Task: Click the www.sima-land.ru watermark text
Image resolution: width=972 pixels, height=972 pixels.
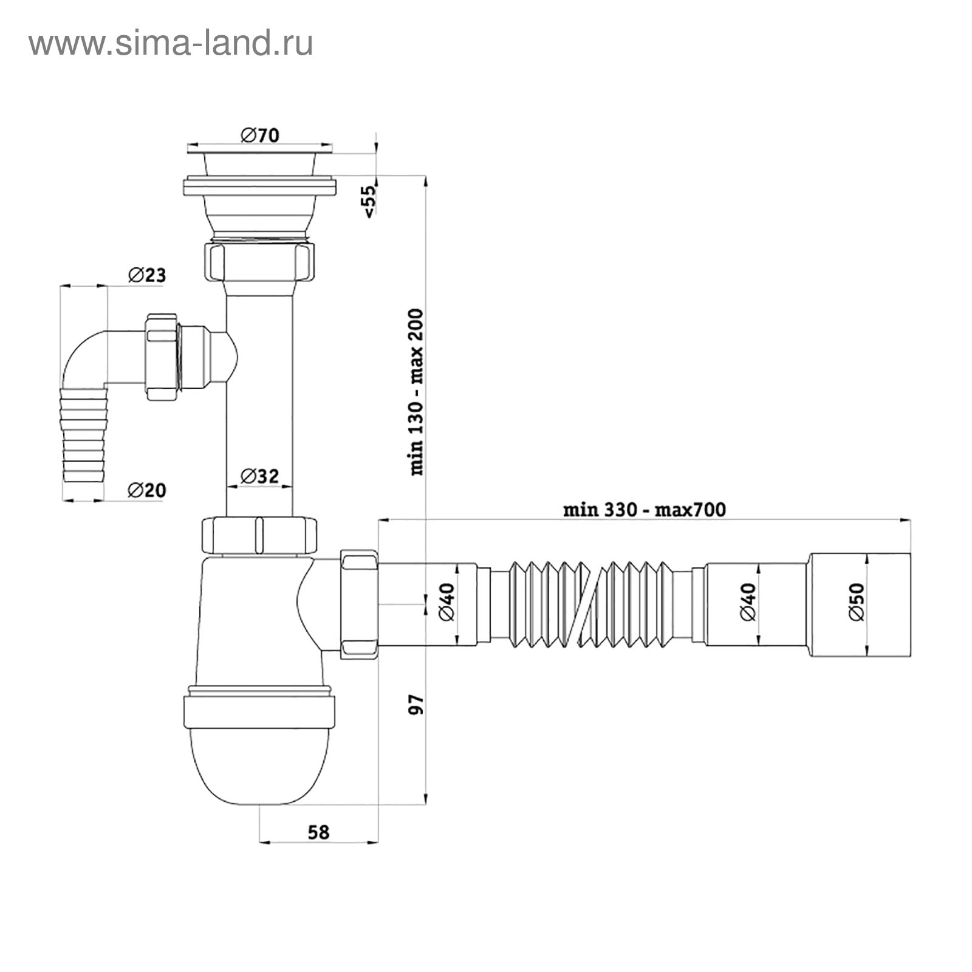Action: (x=171, y=44)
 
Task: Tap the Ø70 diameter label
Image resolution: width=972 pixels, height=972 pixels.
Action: (x=259, y=135)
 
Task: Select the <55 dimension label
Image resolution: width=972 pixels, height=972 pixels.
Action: (x=369, y=200)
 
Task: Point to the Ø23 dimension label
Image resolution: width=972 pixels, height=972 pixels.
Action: (x=147, y=275)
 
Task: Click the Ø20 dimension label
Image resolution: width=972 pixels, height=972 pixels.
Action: (x=146, y=490)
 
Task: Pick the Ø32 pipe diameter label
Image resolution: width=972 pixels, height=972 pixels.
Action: (x=259, y=476)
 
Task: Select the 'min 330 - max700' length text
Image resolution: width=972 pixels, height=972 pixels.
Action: (x=644, y=509)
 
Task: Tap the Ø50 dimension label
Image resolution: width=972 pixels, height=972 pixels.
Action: (x=856, y=601)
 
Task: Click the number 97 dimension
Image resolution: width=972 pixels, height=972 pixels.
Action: (x=417, y=704)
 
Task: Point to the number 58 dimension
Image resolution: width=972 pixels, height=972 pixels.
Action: (x=318, y=832)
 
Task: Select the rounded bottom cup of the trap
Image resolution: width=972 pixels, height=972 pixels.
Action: (x=259, y=766)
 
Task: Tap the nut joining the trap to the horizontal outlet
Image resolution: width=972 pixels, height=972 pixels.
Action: (x=359, y=603)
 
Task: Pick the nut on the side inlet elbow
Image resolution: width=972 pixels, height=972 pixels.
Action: (x=162, y=357)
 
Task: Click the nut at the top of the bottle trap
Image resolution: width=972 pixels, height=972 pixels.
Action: (x=259, y=535)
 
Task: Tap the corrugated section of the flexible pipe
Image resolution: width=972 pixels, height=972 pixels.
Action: (x=590, y=603)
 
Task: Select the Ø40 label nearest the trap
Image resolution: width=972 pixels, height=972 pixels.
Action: (x=446, y=601)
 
